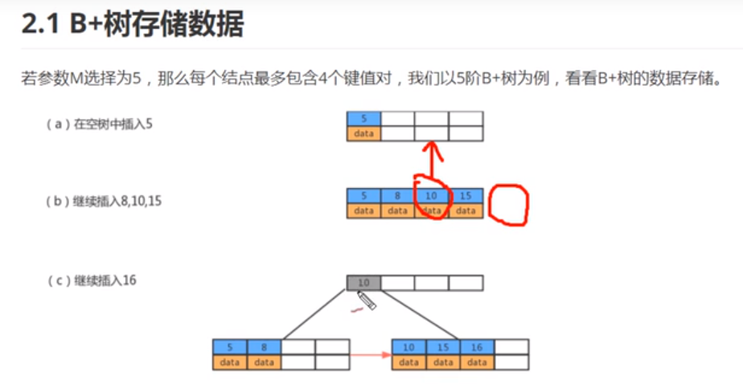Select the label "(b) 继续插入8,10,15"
(x=104, y=202)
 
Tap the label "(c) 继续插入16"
(x=96, y=280)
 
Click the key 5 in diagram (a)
(x=363, y=119)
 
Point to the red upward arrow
(x=433, y=161)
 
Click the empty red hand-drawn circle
(x=509, y=206)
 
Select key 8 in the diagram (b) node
(x=397, y=196)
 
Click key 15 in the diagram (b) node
(x=466, y=196)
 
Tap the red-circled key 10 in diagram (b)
(x=432, y=196)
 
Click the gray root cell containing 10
(x=363, y=283)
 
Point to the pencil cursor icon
(x=367, y=301)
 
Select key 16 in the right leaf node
(x=478, y=347)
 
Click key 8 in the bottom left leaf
(x=264, y=347)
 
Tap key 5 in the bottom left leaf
(x=230, y=347)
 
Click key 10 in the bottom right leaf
(x=409, y=347)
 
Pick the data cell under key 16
(x=478, y=362)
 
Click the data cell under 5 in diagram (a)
(x=363, y=133)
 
